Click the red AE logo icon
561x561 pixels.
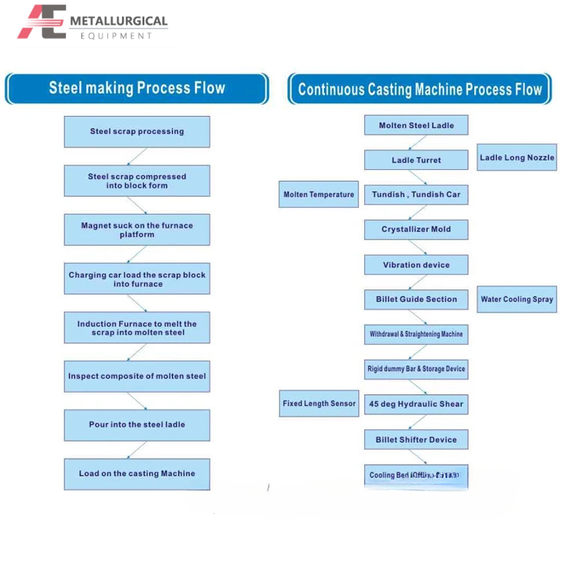click(x=42, y=22)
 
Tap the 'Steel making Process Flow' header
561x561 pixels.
click(x=137, y=88)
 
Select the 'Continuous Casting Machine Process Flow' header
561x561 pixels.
click(x=420, y=90)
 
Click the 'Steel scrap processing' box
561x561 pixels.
click(x=137, y=132)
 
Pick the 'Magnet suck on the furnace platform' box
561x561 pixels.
click(x=137, y=230)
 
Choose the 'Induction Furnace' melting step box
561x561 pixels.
click(x=137, y=328)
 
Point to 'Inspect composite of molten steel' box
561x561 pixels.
click(x=137, y=376)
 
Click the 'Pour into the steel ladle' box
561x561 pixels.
click(x=137, y=425)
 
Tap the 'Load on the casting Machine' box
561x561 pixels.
click(x=137, y=473)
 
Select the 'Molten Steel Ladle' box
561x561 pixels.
click(x=416, y=125)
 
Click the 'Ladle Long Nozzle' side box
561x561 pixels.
click(x=517, y=158)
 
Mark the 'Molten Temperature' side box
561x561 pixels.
click(x=319, y=194)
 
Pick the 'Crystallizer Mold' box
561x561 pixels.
click(x=416, y=229)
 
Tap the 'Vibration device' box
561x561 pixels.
click(x=416, y=265)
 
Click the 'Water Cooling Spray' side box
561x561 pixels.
click(x=517, y=299)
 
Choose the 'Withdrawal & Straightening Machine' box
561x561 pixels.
click(x=416, y=334)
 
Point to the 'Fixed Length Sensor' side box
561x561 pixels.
click(x=319, y=404)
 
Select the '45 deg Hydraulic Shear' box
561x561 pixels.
click(x=416, y=404)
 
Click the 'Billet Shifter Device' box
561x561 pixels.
click(x=416, y=440)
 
